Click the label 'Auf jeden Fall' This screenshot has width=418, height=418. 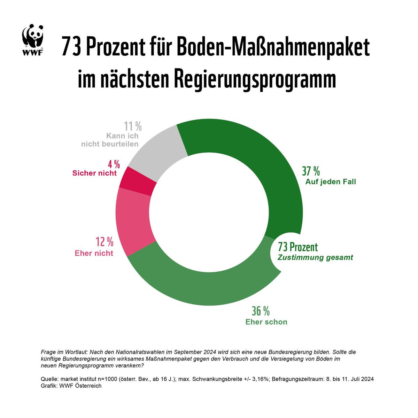[x=331, y=182]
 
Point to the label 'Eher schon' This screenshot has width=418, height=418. [x=266, y=322]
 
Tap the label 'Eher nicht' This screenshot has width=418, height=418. [x=94, y=253]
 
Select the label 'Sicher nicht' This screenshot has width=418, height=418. [x=94, y=173]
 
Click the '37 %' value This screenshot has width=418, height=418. [x=311, y=171]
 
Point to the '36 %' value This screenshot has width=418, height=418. [x=261, y=311]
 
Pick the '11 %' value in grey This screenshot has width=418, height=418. [x=133, y=126]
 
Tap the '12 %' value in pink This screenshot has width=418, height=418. [x=104, y=242]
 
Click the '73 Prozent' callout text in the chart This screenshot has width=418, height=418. [x=298, y=247]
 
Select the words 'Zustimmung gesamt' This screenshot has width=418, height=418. [x=315, y=258]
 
